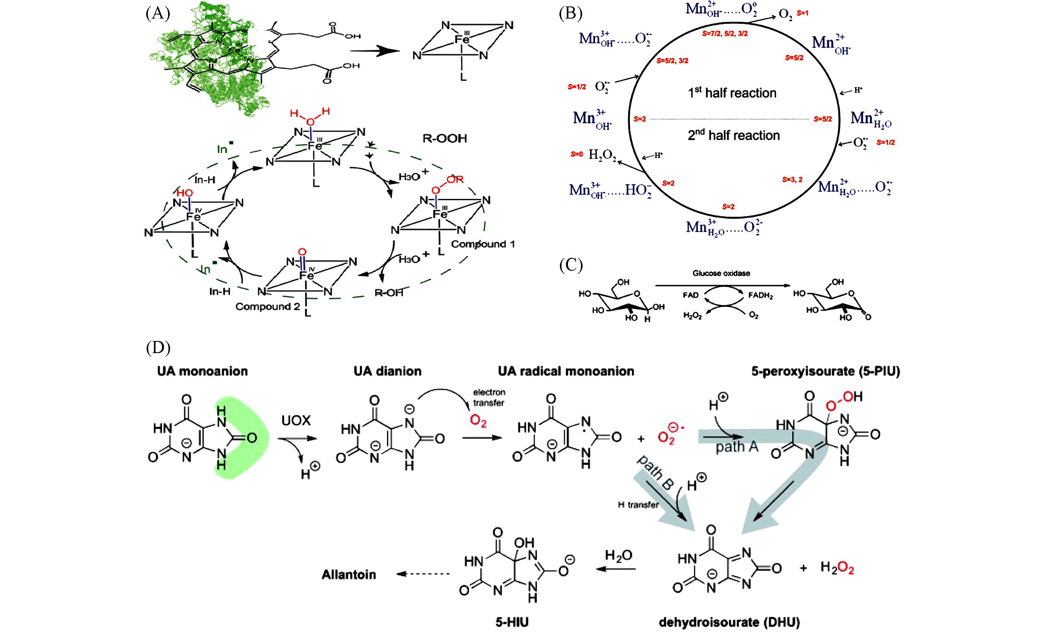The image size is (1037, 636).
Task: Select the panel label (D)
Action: [158, 347]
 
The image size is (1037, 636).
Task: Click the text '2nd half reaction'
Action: [734, 135]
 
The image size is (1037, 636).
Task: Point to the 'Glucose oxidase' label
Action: [721, 274]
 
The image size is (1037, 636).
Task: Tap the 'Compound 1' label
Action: [482, 244]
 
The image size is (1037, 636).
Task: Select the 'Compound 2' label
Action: [268, 307]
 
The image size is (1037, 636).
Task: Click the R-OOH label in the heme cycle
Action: [445, 138]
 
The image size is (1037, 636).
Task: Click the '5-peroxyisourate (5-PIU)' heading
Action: [825, 371]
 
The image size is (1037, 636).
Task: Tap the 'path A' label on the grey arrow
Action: [737, 447]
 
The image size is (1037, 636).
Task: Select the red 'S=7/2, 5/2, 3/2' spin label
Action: [725, 33]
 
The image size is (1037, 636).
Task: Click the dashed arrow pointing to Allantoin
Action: [423, 574]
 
